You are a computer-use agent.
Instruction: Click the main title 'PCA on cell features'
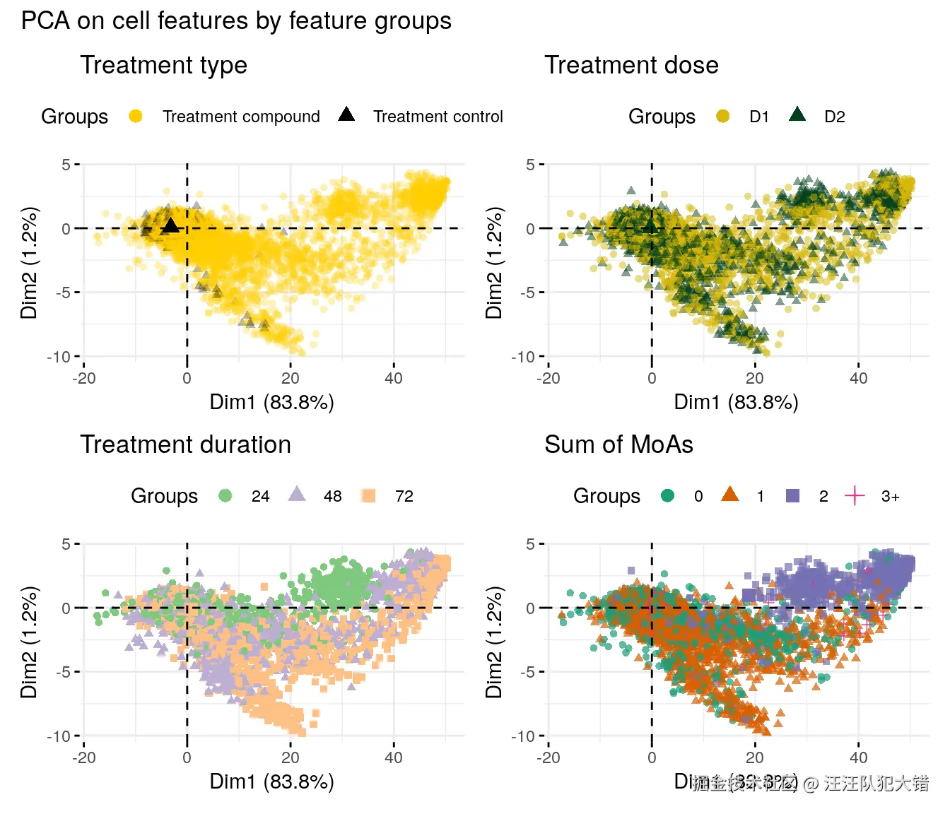pos(236,21)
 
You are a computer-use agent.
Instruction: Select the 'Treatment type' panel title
pos(163,65)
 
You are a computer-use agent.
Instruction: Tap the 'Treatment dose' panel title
pos(631,65)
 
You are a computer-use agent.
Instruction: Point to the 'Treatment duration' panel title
pos(185,444)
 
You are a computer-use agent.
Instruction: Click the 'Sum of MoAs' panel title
pos(618,444)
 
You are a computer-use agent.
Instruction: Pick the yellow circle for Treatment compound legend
pos(136,117)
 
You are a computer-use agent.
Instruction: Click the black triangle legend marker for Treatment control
pos(346,114)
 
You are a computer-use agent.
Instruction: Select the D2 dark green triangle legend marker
pos(797,114)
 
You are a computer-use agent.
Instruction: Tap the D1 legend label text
pos(759,117)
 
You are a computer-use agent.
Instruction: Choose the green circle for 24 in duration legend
pos(225,496)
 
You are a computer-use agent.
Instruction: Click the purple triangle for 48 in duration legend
pos(297,495)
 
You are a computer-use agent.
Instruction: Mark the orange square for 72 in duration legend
pos(368,496)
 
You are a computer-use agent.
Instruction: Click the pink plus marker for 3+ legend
pos(855,496)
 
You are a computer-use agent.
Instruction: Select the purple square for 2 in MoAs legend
pos(793,496)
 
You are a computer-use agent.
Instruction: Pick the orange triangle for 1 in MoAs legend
pos(730,495)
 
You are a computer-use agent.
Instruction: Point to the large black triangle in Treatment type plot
pos(170,226)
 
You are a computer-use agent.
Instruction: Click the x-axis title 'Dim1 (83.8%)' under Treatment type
pos(271,402)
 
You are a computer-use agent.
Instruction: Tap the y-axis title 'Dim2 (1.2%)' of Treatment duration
pos(29,642)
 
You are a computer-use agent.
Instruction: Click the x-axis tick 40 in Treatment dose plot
pos(858,378)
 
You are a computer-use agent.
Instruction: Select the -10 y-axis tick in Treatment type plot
pos(59,357)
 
